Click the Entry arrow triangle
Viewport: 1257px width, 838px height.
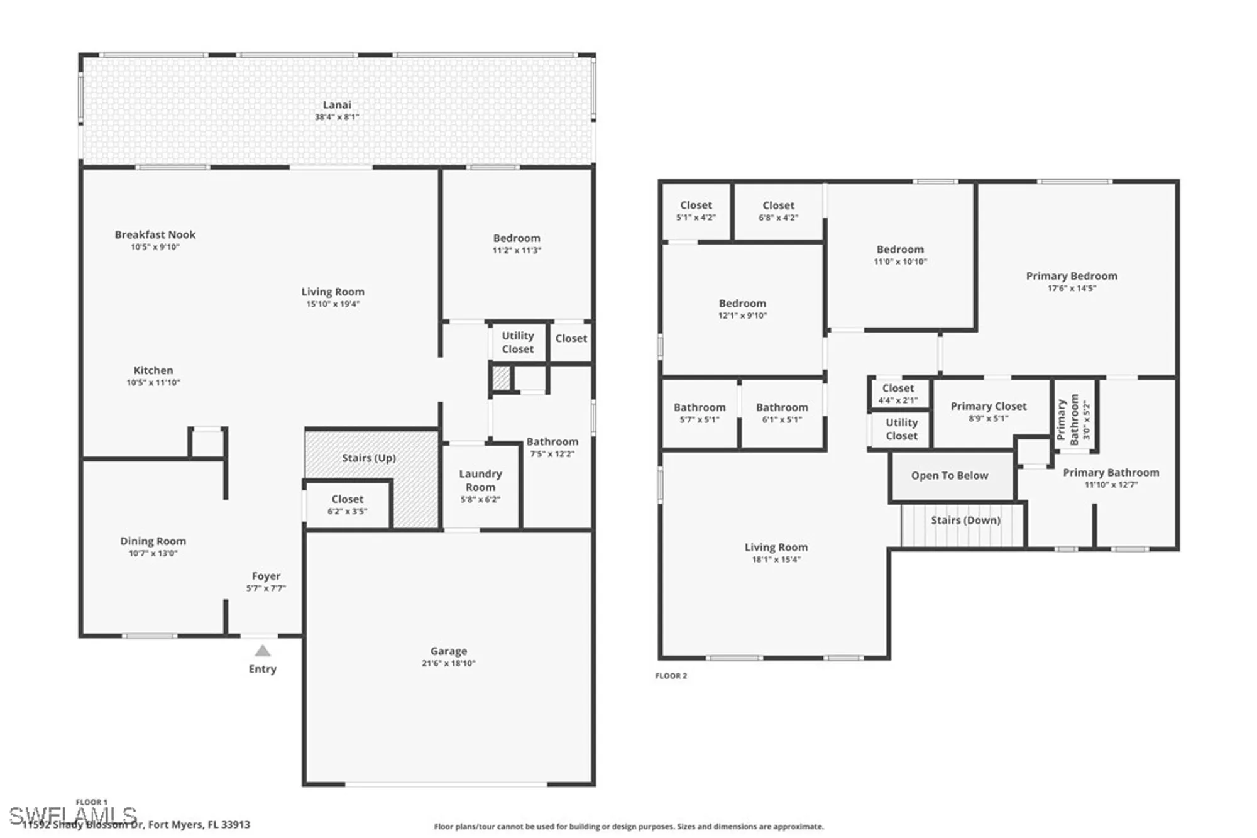(x=263, y=651)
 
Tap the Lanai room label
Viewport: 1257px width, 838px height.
(x=337, y=105)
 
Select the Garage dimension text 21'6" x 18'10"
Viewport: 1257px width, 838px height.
(x=448, y=663)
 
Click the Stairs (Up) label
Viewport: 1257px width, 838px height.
(x=369, y=458)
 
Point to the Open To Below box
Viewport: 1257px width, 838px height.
(x=950, y=476)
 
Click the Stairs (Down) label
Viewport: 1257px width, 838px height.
(x=965, y=520)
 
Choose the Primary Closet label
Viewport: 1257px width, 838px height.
(x=988, y=406)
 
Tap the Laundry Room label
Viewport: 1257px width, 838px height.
(x=480, y=480)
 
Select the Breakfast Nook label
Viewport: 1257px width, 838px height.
(x=155, y=234)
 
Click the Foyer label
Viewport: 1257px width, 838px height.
(x=266, y=576)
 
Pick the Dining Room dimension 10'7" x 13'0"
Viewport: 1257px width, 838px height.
(x=153, y=553)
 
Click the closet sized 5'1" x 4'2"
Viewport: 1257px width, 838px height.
(x=696, y=211)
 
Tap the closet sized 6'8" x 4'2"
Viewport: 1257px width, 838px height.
(x=778, y=211)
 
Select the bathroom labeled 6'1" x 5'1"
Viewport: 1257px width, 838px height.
(x=782, y=413)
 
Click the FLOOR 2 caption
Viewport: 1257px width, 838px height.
(x=671, y=676)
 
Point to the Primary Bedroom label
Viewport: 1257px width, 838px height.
(x=1072, y=276)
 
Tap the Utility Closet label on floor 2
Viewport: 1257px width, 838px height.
(x=901, y=429)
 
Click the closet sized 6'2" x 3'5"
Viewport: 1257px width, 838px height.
(x=347, y=504)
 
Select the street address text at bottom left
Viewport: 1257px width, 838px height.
(x=136, y=824)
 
